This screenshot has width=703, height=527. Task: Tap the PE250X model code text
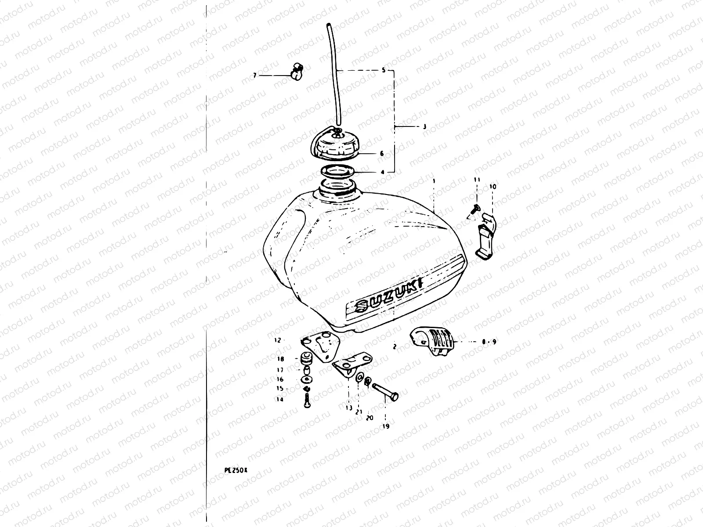[236, 470]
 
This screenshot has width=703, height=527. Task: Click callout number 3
[424, 127]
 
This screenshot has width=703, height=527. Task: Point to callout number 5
[383, 70]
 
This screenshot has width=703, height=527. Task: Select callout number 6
[381, 154]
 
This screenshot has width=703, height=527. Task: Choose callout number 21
[359, 411]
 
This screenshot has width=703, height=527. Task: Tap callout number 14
[279, 400]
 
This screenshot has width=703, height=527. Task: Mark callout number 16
[280, 379]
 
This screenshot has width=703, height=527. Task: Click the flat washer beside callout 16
[305, 379]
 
